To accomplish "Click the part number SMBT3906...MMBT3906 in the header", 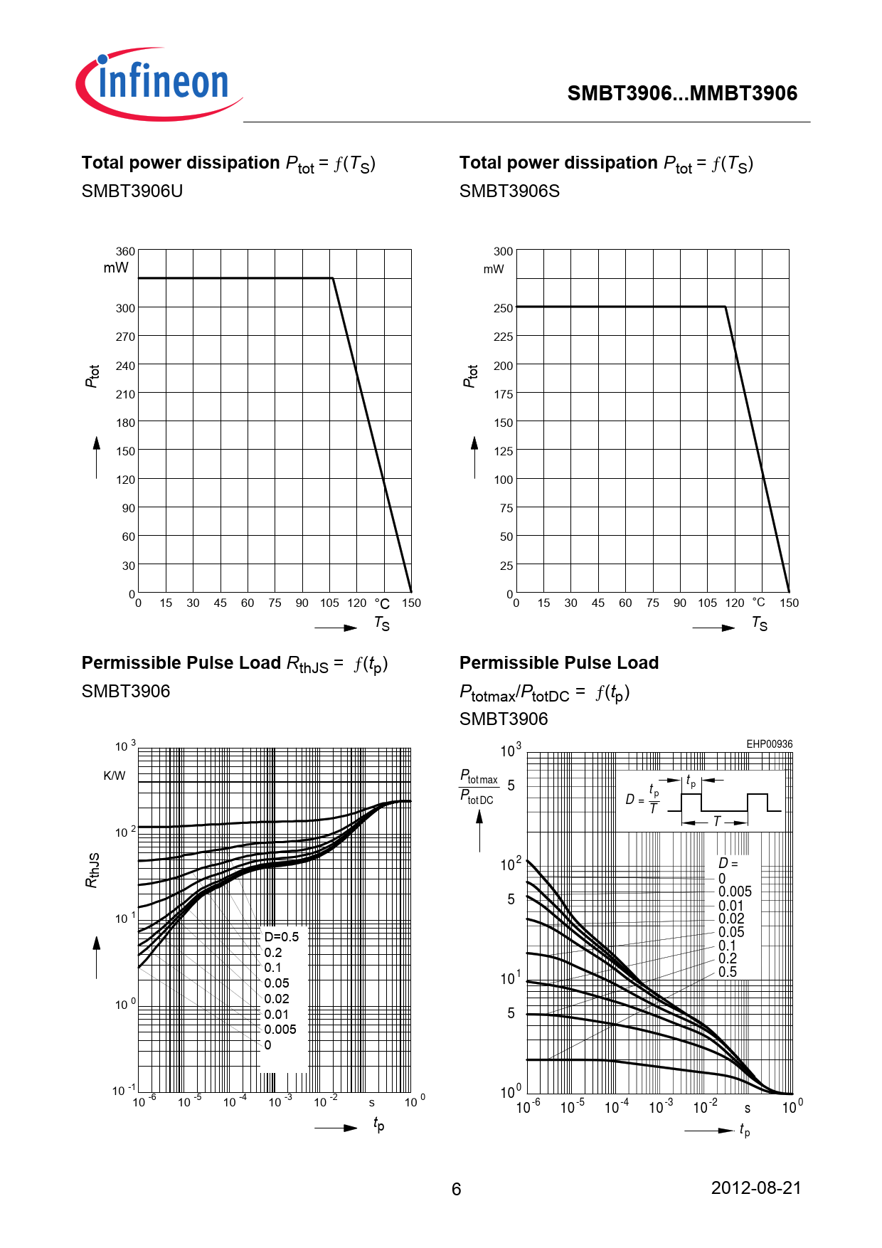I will [682, 93].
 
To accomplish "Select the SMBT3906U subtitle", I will [132, 191].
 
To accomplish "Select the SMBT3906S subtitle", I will [509, 191].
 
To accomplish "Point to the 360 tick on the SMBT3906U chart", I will [125, 251].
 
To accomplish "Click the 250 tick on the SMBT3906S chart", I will [503, 308].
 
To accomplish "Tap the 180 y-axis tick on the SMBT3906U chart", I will [125, 423].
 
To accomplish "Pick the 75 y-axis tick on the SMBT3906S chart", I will [506, 508].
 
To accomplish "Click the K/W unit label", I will [114, 776].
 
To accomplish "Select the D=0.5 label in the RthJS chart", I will [281, 937].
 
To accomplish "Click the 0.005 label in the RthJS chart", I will [280, 1030].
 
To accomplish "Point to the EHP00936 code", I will [769, 744].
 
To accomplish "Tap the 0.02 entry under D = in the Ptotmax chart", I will [731, 919].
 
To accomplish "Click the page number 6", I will [457, 1189].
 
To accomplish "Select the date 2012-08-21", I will [756, 1188].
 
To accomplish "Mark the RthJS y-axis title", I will [92, 869].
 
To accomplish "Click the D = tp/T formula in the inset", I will [642, 800].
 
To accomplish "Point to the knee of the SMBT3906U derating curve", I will [332, 278].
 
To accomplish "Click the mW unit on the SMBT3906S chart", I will [493, 269].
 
